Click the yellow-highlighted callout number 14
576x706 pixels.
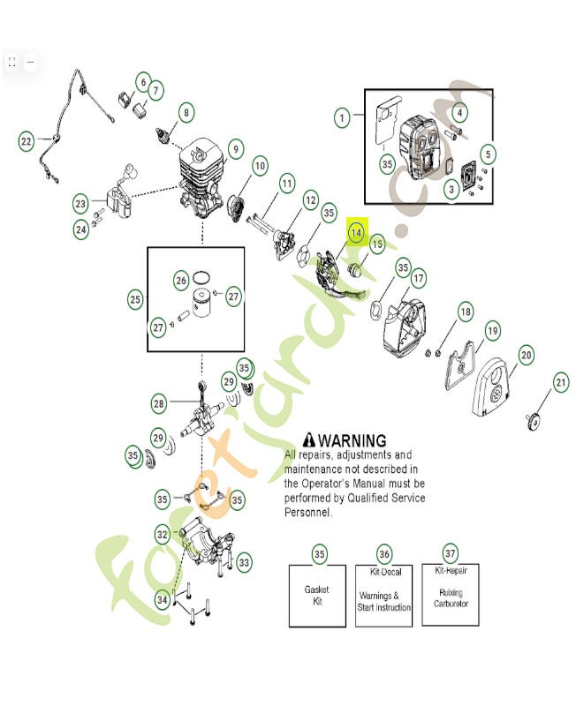[355, 232]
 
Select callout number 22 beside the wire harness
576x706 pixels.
[27, 140]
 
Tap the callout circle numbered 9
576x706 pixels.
[234, 149]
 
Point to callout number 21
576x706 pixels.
[560, 382]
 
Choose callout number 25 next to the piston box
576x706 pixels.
[135, 300]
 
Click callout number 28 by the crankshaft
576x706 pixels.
[159, 403]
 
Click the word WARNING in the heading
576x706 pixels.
[352, 440]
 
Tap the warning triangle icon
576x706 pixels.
[308, 439]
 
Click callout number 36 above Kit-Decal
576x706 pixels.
[384, 553]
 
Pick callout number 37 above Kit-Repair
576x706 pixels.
[450, 553]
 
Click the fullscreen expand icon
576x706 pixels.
[12, 62]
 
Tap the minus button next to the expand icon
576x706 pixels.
[30, 62]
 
